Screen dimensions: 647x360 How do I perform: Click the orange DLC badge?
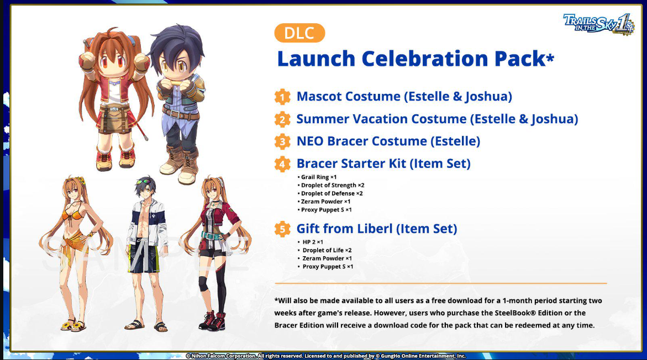click(299, 33)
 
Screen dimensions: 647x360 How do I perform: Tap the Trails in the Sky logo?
click(598, 24)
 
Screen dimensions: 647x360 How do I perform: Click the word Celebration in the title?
click(425, 58)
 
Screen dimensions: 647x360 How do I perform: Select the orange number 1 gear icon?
click(282, 97)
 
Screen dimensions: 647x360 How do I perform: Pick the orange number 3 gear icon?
click(282, 141)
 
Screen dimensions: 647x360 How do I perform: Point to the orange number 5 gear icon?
click(282, 229)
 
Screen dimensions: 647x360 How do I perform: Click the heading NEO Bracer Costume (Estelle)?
click(388, 141)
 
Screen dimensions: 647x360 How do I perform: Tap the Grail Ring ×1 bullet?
click(317, 177)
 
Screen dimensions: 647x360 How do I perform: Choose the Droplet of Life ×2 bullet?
click(325, 250)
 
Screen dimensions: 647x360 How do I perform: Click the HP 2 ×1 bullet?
click(311, 242)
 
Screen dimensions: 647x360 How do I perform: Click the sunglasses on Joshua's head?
click(144, 182)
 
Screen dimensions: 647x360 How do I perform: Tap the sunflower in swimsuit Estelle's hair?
click(81, 180)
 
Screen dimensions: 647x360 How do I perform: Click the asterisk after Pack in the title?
click(550, 58)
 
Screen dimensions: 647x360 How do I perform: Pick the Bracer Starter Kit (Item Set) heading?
click(384, 163)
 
